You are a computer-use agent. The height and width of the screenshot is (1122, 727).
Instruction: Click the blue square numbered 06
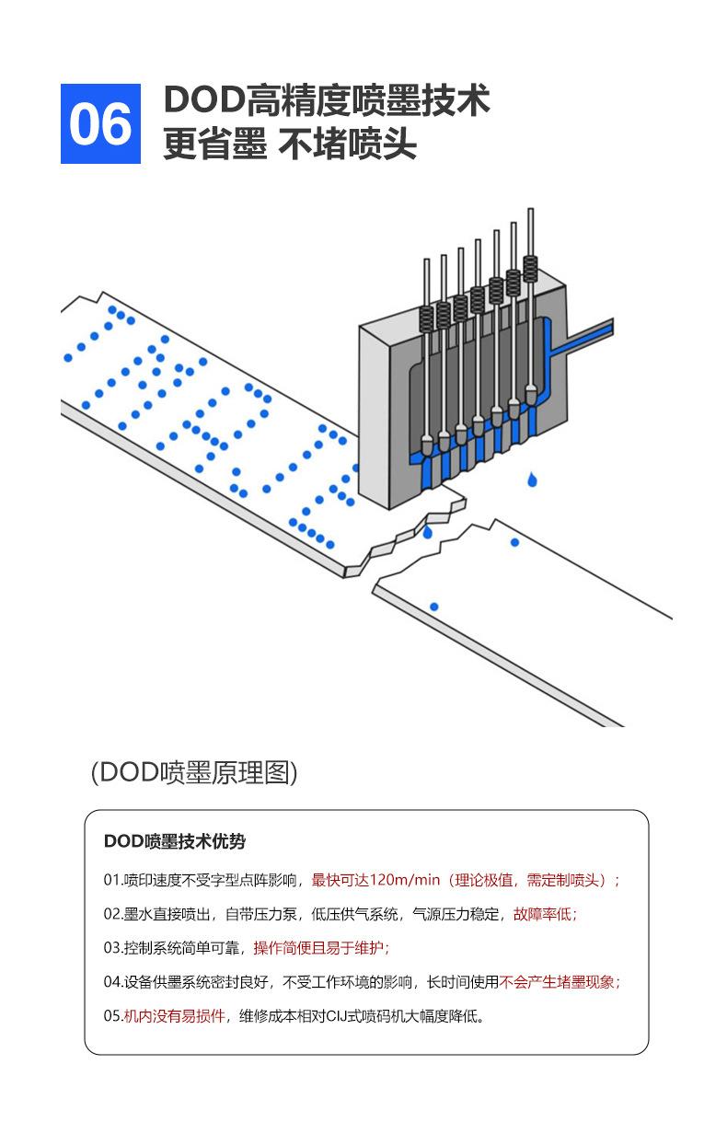pos(100,123)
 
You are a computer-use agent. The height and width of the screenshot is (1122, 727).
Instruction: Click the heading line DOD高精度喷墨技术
pos(327,100)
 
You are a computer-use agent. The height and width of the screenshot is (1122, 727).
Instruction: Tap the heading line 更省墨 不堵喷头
pos(290,144)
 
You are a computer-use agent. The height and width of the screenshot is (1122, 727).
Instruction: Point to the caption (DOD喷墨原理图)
pos(194,771)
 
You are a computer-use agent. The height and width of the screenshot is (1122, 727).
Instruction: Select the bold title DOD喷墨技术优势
pos(175,841)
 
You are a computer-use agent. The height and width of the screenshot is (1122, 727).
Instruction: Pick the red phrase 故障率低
pos(544,914)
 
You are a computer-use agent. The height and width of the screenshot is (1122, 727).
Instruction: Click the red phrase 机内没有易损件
pos(175,1016)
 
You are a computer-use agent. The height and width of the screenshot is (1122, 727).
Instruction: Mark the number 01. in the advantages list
pos(113,880)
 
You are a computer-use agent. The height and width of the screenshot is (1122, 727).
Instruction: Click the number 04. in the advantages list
pos(113,982)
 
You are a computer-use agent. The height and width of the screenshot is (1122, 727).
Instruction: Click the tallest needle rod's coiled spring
pos(530,269)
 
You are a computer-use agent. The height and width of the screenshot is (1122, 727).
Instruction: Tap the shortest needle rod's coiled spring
pos(426,318)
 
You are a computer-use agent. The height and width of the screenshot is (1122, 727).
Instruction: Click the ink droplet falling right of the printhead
pos(532,480)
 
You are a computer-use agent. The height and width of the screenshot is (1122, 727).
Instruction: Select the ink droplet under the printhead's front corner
pos(427,532)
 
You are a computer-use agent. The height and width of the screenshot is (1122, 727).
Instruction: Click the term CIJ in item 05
pos(348,1016)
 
